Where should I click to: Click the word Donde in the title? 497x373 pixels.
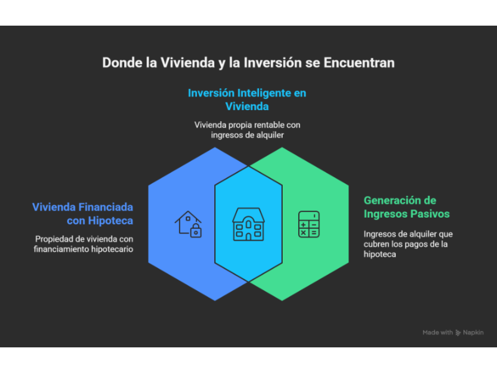pyautogui.click(x=122, y=63)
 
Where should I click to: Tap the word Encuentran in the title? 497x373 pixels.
pyautogui.click(x=359, y=63)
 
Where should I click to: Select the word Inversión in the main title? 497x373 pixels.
pyautogui.click(x=273, y=63)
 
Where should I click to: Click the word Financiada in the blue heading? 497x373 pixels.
pyautogui.click(x=106, y=207)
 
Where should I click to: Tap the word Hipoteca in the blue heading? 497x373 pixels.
pyautogui.click(x=111, y=221)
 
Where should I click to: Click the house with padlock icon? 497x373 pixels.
pyautogui.click(x=188, y=224)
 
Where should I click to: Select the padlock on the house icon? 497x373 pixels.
pyautogui.click(x=196, y=231)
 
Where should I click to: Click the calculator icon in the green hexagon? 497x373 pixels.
pyautogui.click(x=309, y=224)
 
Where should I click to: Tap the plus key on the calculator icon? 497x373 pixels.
pyautogui.click(x=304, y=225)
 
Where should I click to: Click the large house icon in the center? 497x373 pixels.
pyautogui.click(x=248, y=224)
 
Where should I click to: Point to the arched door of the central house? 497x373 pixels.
pyautogui.click(x=248, y=237)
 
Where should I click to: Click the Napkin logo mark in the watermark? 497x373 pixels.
pyautogui.click(x=458, y=333)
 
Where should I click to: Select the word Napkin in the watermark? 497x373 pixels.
pyautogui.click(x=473, y=333)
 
